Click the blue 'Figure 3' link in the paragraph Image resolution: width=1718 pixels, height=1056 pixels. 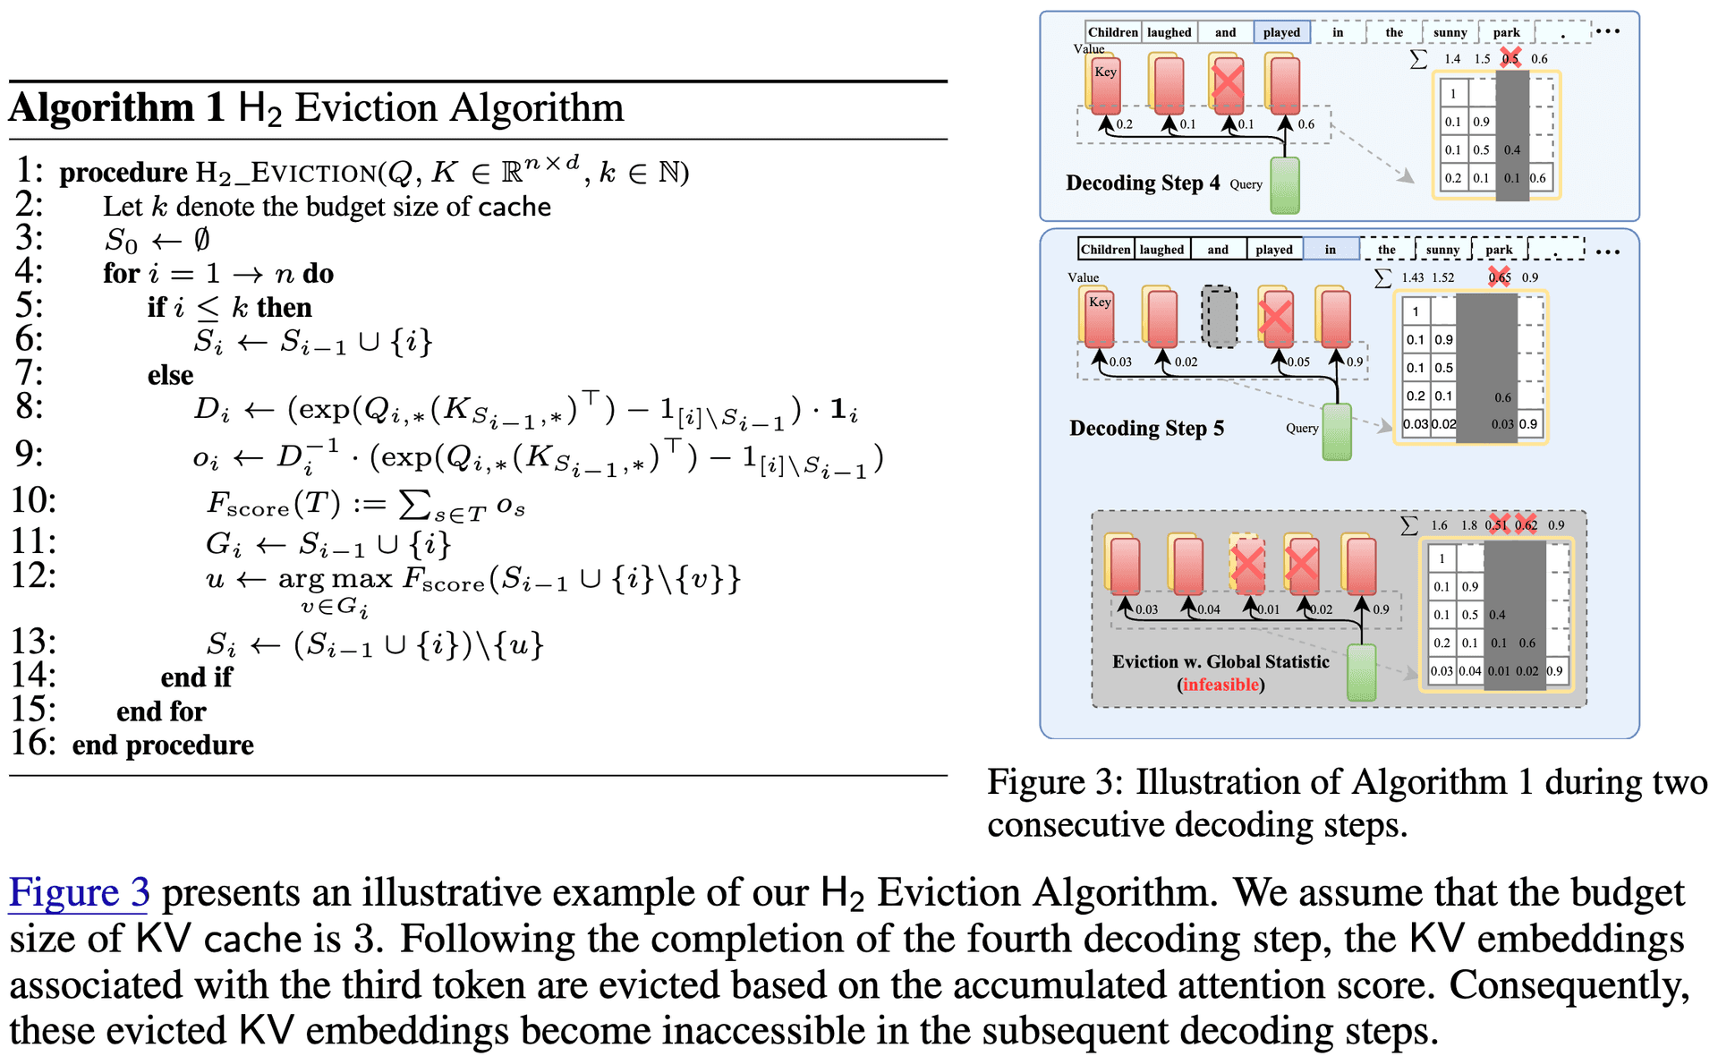tap(79, 893)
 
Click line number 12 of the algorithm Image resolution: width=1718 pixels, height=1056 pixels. tap(33, 575)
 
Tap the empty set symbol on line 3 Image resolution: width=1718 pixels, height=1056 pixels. tap(202, 240)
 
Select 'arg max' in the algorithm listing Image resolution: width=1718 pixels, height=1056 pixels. tap(335, 579)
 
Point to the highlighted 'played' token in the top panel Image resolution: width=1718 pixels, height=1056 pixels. tap(1281, 32)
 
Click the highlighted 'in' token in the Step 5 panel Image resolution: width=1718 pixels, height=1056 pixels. tap(1331, 250)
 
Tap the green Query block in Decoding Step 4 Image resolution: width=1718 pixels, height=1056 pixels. tap(1285, 186)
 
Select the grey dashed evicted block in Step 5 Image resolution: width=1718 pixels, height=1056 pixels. tap(1219, 317)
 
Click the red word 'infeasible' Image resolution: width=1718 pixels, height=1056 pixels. tap(1221, 685)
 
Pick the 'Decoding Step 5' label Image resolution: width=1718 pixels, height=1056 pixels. tap(1146, 428)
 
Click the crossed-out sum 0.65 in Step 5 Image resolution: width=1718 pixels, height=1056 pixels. tap(1500, 277)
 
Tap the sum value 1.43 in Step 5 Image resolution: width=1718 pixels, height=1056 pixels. tap(1413, 277)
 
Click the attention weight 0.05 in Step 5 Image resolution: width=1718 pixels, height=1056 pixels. tap(1298, 362)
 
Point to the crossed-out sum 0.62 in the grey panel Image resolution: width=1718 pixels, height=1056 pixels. tap(1526, 525)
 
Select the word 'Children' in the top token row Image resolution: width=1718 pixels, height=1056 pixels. tap(1113, 32)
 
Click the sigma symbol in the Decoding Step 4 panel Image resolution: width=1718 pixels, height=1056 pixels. tap(1418, 59)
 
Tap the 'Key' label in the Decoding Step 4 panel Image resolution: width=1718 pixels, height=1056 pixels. tap(1106, 72)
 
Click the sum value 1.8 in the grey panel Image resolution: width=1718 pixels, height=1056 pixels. tap(1469, 525)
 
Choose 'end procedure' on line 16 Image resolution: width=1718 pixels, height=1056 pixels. tap(163, 745)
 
